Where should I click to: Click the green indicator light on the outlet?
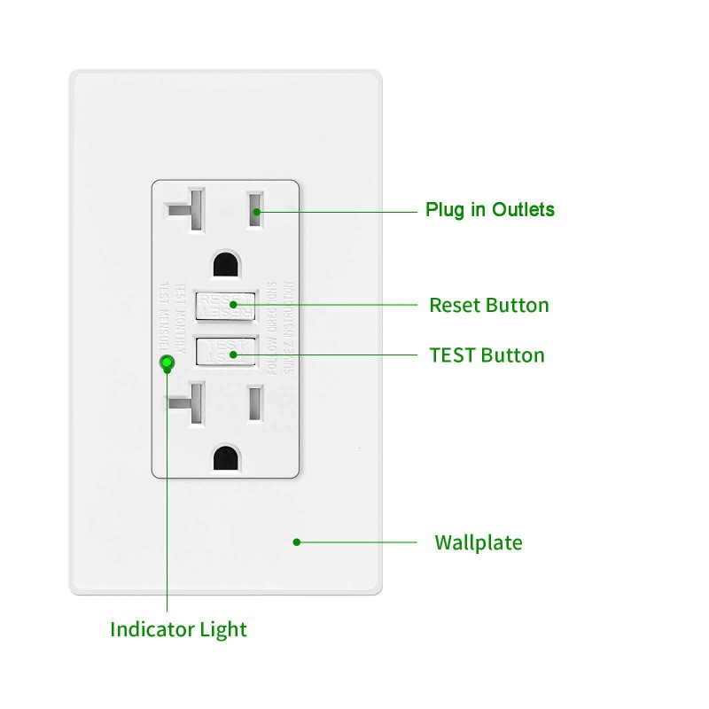pos(165,362)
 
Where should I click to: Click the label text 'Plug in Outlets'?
pos(489,210)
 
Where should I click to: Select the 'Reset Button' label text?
pos(489,306)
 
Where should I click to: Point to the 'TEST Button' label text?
pos(487,355)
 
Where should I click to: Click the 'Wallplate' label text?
pos(478,542)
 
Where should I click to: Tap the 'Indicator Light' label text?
pos(178,630)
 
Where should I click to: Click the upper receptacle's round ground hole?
pos(225,264)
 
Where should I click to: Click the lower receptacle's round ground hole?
pos(225,457)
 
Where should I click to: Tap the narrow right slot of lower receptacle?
pos(256,404)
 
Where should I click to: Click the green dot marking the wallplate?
pos(297,541)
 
